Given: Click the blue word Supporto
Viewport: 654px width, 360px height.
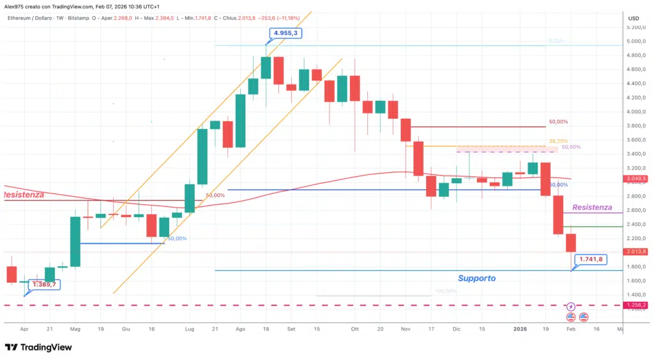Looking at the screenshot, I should click(x=476, y=278).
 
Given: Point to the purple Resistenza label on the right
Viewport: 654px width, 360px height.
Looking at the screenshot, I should click(x=592, y=207).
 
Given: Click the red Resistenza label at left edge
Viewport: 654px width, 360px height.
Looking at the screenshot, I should click(x=23, y=194).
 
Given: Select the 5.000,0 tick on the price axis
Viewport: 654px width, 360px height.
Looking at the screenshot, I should click(x=635, y=41).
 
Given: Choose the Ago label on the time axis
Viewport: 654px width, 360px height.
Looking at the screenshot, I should click(x=240, y=329).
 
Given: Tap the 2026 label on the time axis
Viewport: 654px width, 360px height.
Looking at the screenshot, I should click(x=520, y=329).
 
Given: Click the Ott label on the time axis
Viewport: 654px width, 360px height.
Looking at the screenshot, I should click(x=354, y=329).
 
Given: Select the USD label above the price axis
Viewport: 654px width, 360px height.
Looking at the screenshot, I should click(x=634, y=18).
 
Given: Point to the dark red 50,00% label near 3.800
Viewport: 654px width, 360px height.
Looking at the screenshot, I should click(x=558, y=122).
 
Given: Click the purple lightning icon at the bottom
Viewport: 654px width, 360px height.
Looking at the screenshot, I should click(x=571, y=306).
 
